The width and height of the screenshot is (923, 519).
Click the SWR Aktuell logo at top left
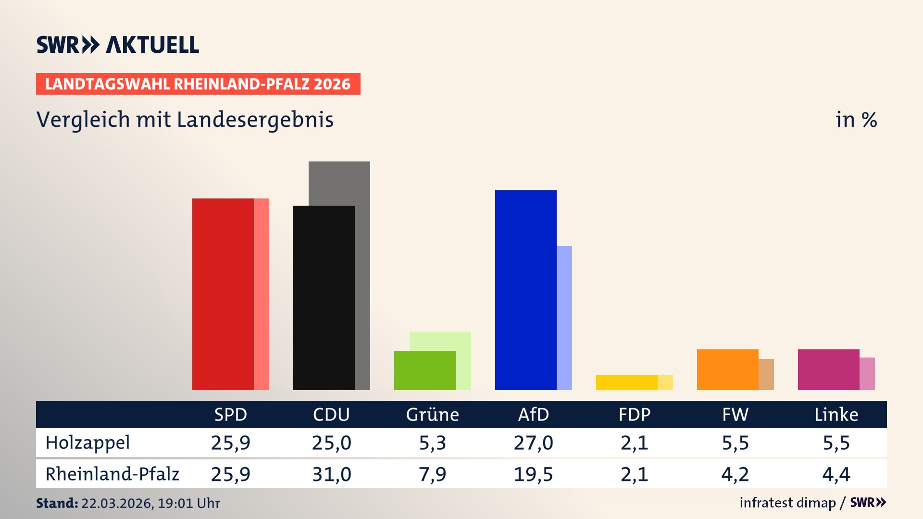pos(117,45)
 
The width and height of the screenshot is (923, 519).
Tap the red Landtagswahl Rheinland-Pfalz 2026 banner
pos(198,84)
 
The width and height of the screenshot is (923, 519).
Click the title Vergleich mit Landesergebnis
pos(185,120)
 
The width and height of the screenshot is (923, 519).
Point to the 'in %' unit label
pos(856,120)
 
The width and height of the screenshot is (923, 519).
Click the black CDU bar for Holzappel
pos(324,297)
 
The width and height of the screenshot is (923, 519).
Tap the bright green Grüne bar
pos(424,370)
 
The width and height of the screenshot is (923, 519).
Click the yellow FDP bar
pos(626,383)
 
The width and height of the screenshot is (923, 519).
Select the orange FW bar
pos(727,370)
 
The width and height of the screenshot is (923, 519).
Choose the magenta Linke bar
pos(828,370)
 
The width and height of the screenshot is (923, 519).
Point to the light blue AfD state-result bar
pos(564,318)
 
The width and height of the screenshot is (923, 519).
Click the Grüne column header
pos(432,414)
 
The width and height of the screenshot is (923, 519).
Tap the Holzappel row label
pos(87,443)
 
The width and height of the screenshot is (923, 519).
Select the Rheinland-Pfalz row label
pos(112,474)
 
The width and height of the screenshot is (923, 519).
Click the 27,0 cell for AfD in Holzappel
pos(533,443)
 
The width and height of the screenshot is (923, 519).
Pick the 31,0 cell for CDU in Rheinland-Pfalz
pos(331,474)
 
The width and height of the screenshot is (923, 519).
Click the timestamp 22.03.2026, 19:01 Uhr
pos(150,503)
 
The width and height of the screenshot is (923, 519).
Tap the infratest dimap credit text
pos(787,503)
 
